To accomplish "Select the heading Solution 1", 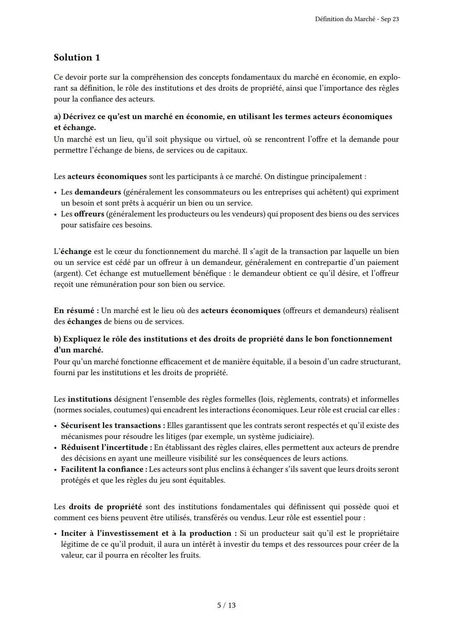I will (x=77, y=57).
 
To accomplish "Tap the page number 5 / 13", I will (x=226, y=605).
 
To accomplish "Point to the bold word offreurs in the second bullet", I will (x=89, y=214).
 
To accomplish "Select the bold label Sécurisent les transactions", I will (x=111, y=425).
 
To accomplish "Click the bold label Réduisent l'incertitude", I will (x=106, y=447).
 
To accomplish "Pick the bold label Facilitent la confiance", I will (x=104, y=469).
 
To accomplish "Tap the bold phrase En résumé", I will (x=76, y=311).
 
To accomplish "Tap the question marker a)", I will (x=57, y=117).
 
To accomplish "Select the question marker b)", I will (x=57, y=339).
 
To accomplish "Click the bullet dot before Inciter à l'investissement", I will (x=56, y=534).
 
